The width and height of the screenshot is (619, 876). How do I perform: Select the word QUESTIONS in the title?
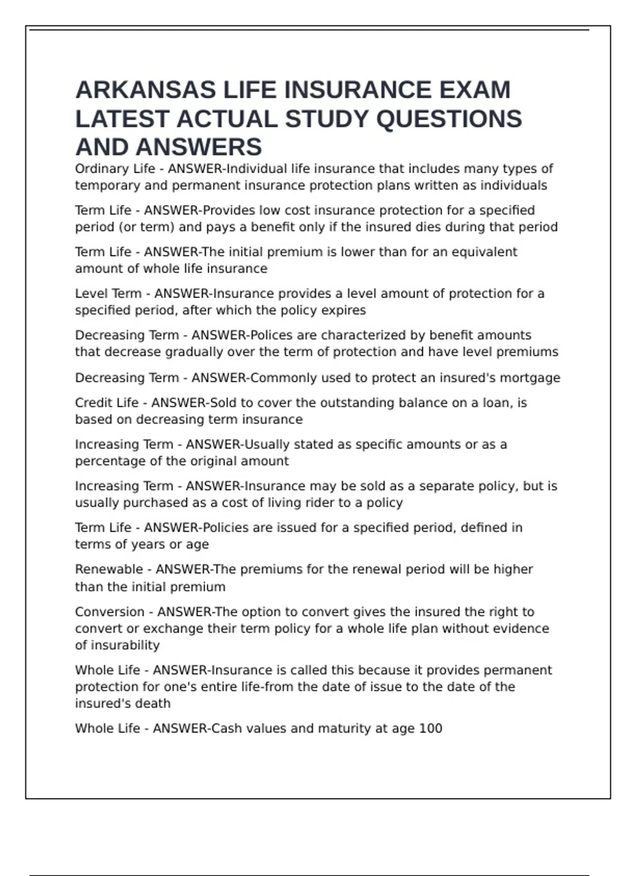pyautogui.click(x=449, y=119)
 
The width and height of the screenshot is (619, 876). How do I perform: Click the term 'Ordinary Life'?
pyautogui.click(x=115, y=169)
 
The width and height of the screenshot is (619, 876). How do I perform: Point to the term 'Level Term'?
pyautogui.click(x=108, y=294)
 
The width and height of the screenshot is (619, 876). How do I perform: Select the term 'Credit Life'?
pyautogui.click(x=107, y=403)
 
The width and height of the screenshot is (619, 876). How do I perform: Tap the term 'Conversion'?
pyautogui.click(x=109, y=612)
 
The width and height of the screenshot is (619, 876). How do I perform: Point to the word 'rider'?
pyautogui.click(x=321, y=503)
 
